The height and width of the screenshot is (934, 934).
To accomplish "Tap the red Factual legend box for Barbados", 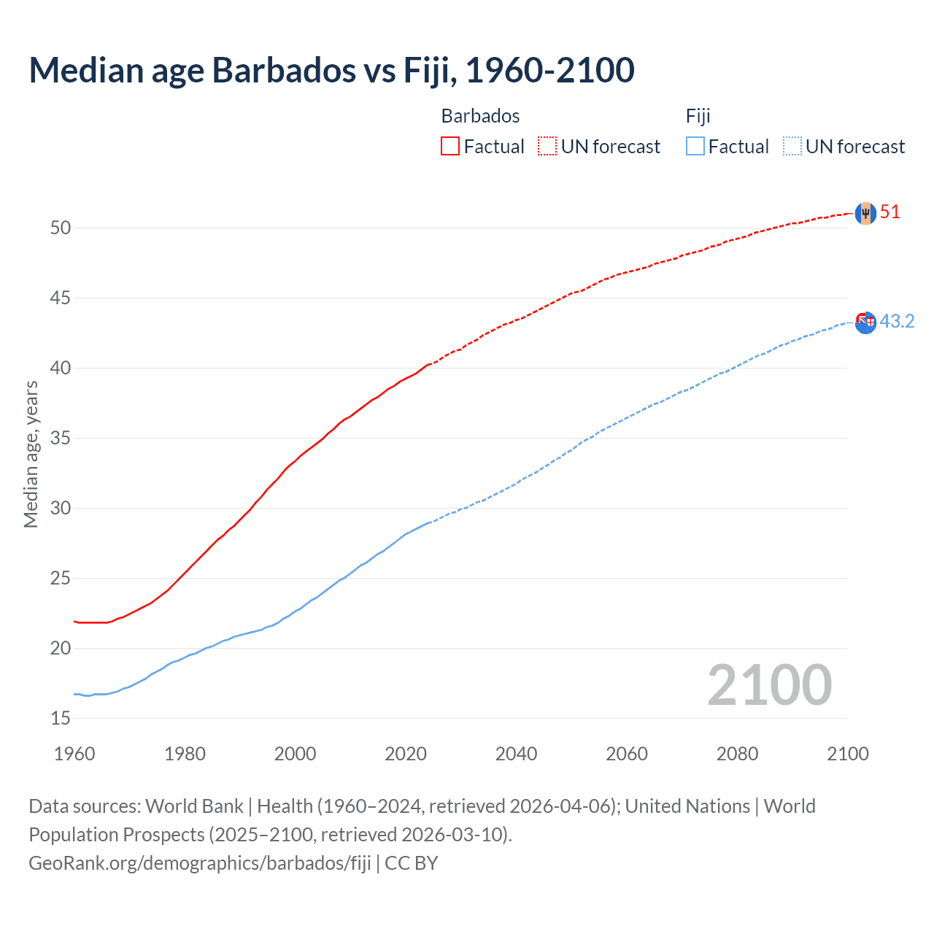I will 450,147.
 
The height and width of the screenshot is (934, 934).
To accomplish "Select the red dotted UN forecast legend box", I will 547,147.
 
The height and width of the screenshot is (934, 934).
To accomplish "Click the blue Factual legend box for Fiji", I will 695,147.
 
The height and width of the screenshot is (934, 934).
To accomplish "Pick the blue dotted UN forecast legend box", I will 792,147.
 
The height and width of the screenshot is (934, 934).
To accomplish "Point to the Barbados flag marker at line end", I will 865,213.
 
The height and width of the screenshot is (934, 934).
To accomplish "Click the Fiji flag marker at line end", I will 865,322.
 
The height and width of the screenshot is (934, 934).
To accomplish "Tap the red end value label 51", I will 890,212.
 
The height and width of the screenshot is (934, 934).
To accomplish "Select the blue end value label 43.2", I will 897,322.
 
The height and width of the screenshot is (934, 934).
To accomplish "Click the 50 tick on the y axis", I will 61,228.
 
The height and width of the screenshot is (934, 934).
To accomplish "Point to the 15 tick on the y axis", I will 61,719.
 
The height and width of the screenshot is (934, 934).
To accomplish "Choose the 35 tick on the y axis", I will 61,439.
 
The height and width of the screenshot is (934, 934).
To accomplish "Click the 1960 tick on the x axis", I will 74,754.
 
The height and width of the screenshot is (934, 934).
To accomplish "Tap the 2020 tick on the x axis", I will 406,754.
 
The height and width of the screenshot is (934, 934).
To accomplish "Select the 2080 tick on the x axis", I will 737,754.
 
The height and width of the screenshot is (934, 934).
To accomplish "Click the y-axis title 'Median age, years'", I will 31,454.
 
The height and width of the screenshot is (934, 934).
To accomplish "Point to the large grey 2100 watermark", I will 770,684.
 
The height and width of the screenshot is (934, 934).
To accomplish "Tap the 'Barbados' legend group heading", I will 480,116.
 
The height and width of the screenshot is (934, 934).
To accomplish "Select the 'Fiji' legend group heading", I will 698,116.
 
